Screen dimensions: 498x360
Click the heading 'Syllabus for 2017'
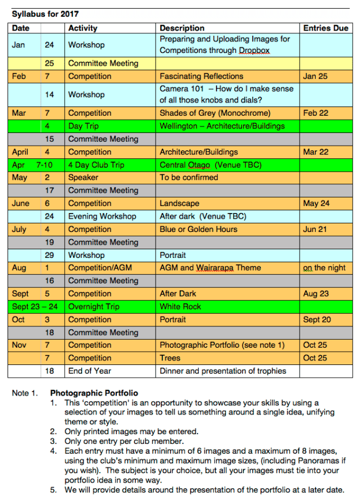click(46, 14)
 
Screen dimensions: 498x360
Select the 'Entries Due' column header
click(325, 28)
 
